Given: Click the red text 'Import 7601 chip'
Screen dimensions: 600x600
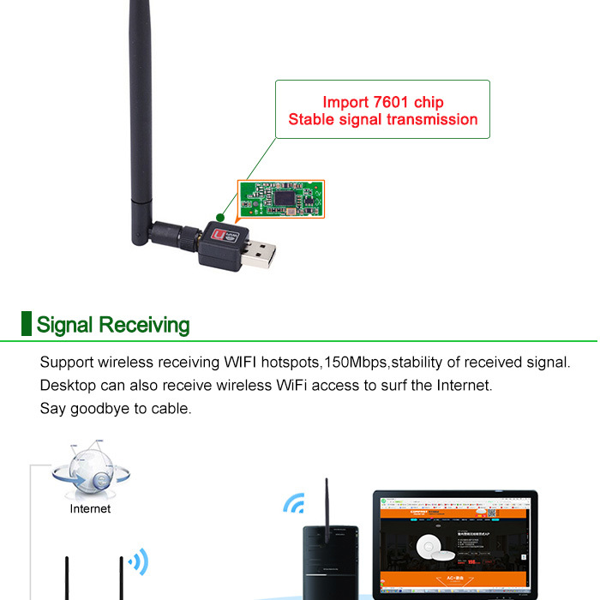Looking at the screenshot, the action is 382,102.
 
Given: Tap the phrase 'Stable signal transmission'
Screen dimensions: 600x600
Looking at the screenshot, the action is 382,120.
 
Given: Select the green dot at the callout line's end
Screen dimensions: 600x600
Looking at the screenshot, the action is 221,217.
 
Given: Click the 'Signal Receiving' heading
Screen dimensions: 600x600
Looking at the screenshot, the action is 112,325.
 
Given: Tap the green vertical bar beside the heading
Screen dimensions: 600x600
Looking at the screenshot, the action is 26,324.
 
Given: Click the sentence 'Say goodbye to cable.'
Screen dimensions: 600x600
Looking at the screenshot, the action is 116,408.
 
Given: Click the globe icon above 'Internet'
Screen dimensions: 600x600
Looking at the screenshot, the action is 89,471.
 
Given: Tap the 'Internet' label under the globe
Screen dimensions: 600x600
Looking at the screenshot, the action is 90,508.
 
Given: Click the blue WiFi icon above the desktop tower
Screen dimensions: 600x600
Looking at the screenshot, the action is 294,503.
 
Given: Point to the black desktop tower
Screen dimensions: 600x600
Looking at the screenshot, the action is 329,561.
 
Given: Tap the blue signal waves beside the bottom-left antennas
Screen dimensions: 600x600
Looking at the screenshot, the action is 137,562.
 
